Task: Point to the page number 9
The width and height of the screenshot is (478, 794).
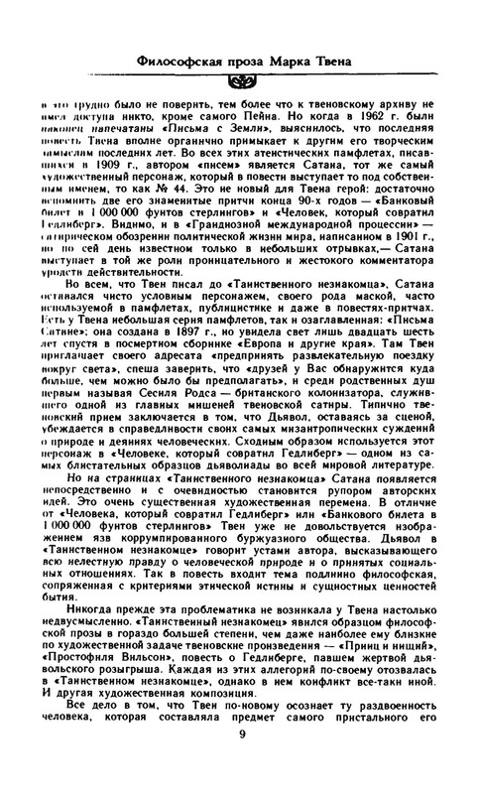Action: pos(242,761)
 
